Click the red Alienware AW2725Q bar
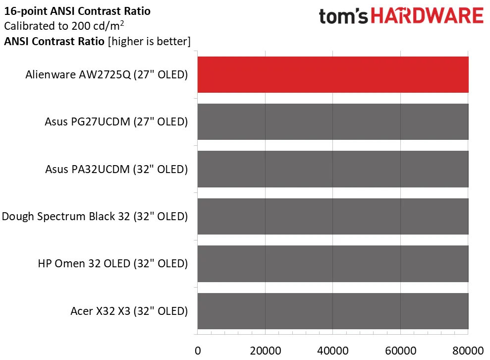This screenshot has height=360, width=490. coord(333,75)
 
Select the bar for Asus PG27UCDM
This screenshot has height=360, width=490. coord(333,122)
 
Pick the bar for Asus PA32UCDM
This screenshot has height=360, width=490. coord(333,169)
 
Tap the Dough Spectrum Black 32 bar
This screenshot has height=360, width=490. coord(333,216)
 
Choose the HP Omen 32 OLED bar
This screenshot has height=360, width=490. coord(333,264)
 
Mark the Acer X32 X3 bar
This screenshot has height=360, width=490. coord(333,311)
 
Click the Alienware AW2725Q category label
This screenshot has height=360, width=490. coord(107,75)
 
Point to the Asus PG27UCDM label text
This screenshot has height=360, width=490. coord(116,122)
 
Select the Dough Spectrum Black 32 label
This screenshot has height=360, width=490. coord(95,217)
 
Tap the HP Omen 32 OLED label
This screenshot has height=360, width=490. coord(112,264)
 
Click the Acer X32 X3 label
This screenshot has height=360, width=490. coord(129,311)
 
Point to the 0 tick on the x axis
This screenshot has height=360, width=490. coord(198,350)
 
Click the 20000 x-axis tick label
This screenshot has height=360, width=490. coord(265,350)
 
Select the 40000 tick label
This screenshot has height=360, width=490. coord(332,350)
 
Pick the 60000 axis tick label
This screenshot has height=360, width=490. coord(400,350)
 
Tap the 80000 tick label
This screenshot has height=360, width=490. coord(468,350)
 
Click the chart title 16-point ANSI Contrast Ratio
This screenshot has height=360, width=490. coord(77,10)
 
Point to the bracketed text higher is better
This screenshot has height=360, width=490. coord(149,42)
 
